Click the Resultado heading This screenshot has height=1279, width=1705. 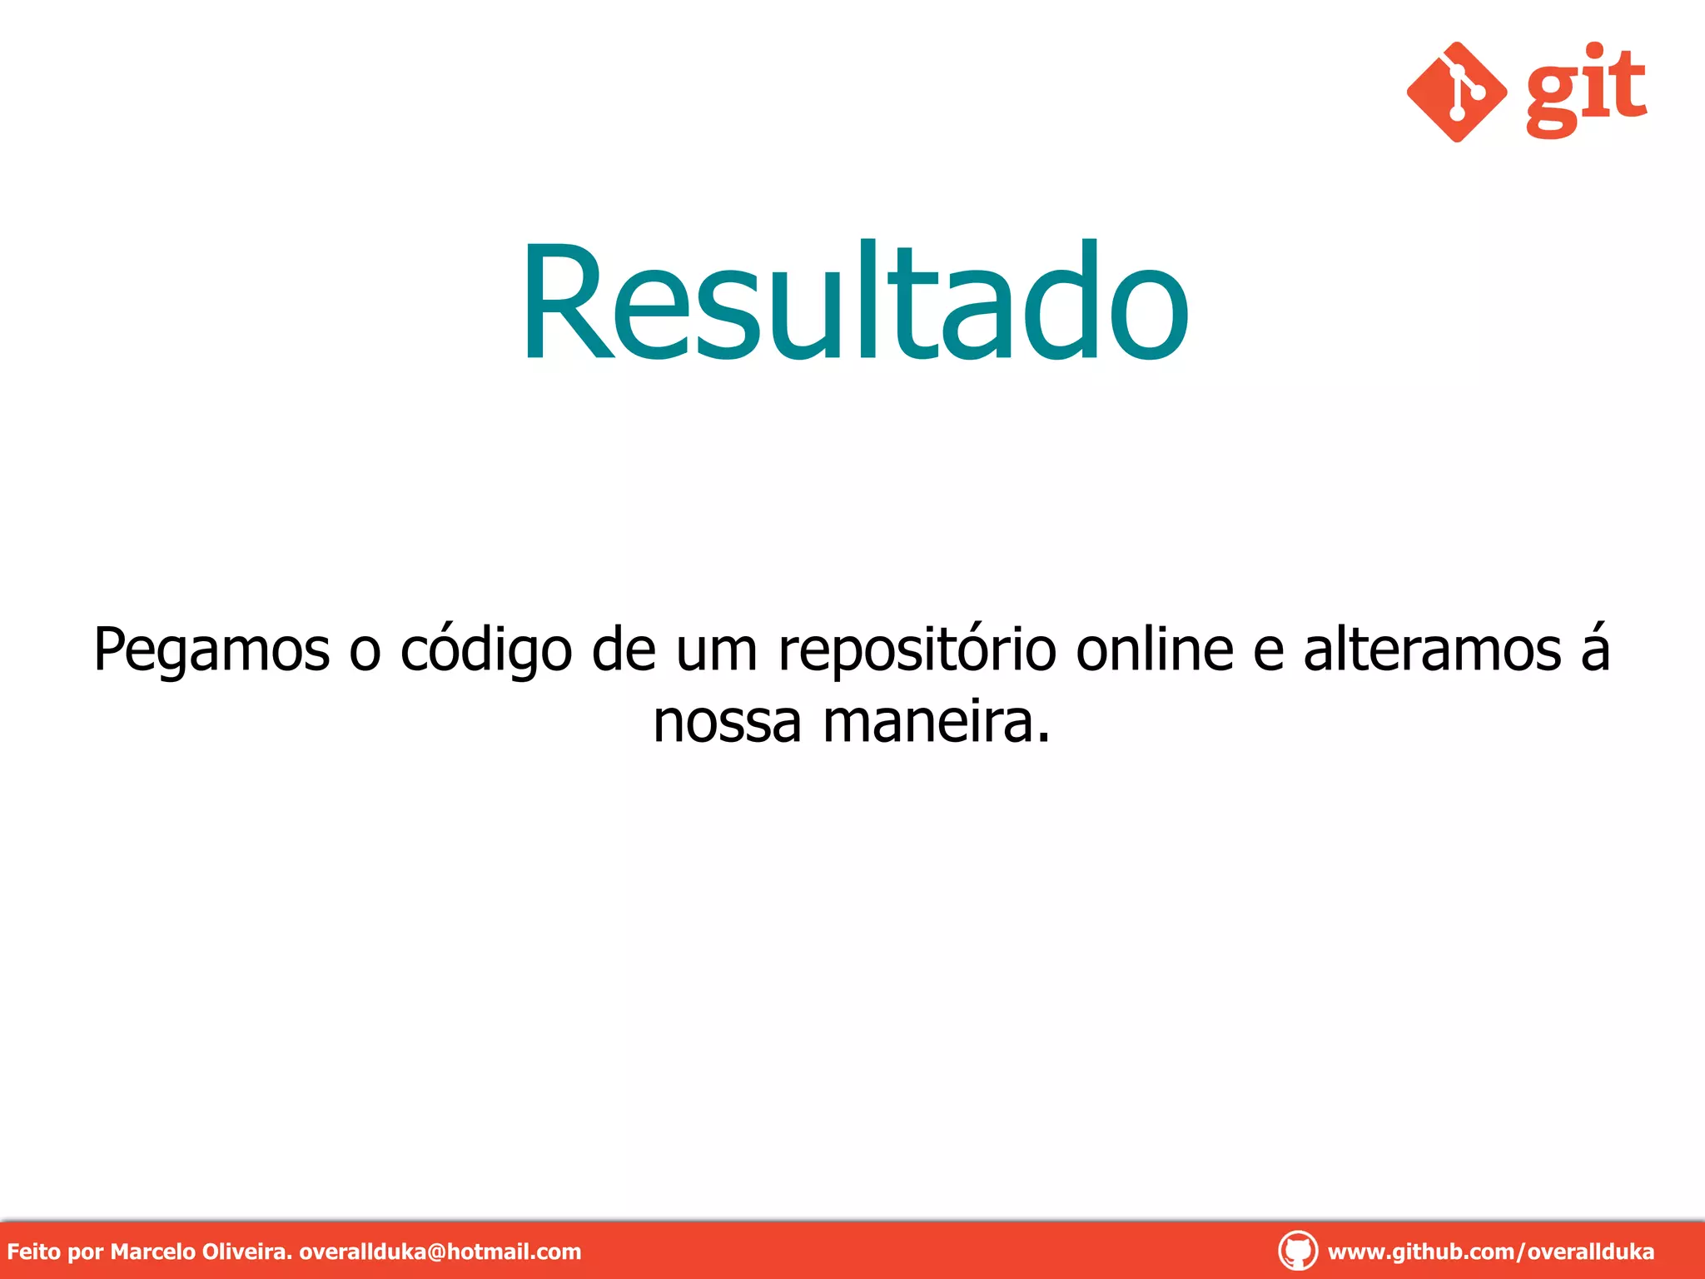(x=855, y=301)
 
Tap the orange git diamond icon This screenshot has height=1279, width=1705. (x=1456, y=92)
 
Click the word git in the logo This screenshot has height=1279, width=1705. (x=1586, y=90)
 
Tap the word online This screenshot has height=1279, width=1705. (x=1155, y=649)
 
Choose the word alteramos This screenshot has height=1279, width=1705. (x=1432, y=649)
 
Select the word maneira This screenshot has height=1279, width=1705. (x=937, y=722)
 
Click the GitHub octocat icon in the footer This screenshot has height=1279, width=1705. (x=1297, y=1252)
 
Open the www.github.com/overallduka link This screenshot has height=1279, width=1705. (x=1491, y=1252)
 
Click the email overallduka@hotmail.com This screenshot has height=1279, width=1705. (x=440, y=1252)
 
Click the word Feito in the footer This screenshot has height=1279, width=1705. (x=33, y=1252)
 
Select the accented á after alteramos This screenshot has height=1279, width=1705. (x=1595, y=649)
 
